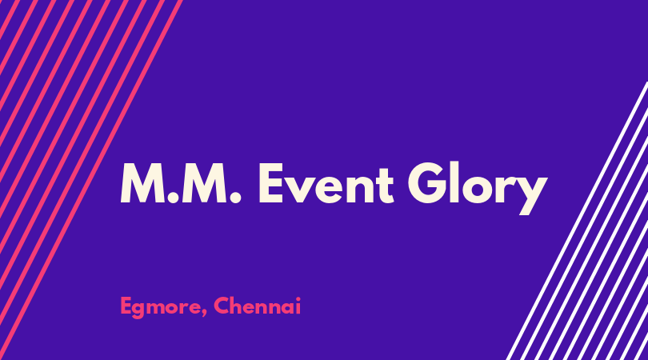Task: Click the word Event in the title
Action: (x=326, y=183)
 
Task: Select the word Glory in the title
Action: (x=478, y=188)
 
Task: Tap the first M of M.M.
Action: (x=143, y=183)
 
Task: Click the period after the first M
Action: (x=174, y=198)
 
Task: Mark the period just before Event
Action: (x=235, y=198)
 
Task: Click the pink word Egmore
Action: (x=160, y=307)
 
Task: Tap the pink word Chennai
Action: (x=257, y=306)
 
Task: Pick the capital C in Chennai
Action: (x=222, y=306)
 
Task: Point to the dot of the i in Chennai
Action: (x=298, y=298)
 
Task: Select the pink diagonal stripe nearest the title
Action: (x=90, y=180)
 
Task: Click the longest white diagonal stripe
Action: (x=578, y=221)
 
